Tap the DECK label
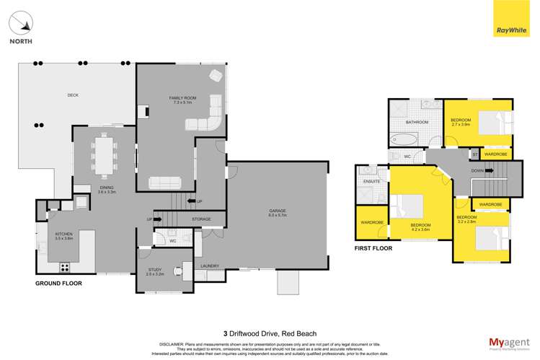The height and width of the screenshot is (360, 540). [x=72, y=95]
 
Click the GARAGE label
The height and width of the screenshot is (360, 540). [x=278, y=212]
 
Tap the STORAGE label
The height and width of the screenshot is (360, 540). [x=201, y=219]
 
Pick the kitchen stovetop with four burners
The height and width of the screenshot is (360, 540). [x=64, y=266]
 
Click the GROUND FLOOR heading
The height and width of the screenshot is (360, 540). [x=58, y=284]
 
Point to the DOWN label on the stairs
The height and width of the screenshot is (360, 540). [x=477, y=171]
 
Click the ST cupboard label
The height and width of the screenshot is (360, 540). [x=474, y=154]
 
